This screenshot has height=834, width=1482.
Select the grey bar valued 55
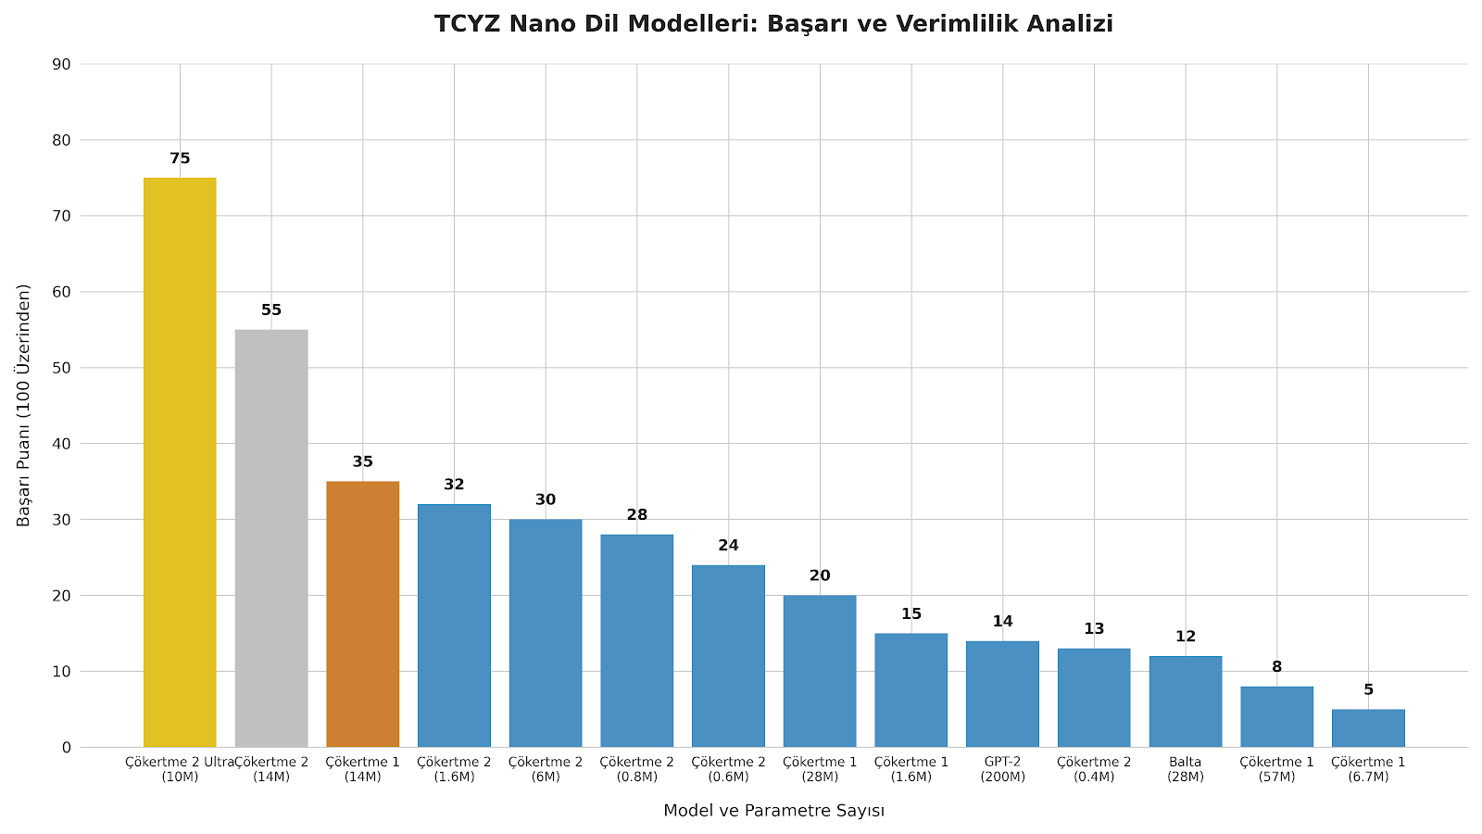pos(271,537)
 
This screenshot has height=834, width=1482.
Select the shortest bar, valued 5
pos(1368,727)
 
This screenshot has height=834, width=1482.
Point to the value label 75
pos(180,158)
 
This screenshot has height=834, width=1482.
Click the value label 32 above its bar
pos(454,485)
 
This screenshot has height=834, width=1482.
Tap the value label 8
pos(1276,667)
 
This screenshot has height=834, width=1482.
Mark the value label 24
pos(729,546)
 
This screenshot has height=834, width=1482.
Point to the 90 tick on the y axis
pos(62,64)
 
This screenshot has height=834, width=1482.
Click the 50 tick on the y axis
pos(62,368)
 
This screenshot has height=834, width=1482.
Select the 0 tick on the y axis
pos(66,747)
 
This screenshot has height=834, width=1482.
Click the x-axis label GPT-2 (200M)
pos(1002,769)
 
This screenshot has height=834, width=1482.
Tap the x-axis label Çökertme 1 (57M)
pos(1276,769)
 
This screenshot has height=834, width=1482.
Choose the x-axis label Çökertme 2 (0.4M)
pos(1094,769)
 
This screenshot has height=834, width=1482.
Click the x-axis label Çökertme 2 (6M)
pos(546,769)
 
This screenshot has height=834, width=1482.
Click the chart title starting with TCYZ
pos(773,24)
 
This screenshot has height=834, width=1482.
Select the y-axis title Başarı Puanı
pos(24,405)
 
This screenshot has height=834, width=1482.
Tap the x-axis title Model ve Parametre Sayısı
pos(773,811)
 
